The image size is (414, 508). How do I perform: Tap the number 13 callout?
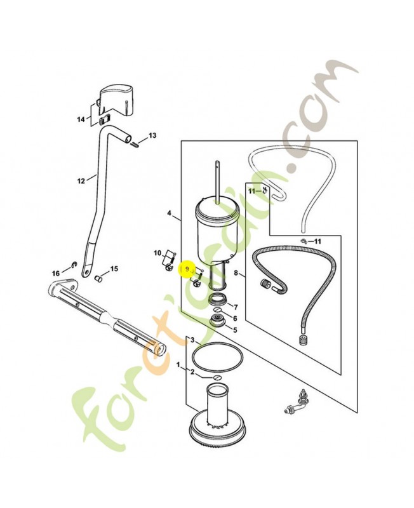[152, 136]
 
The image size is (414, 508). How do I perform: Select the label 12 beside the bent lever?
[81, 181]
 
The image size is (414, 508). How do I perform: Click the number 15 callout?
[114, 269]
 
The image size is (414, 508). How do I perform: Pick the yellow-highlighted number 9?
[187, 270]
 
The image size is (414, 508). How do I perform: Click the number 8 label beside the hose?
[236, 274]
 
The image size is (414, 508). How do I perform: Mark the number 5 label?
[236, 330]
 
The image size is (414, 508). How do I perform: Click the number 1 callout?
[178, 366]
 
